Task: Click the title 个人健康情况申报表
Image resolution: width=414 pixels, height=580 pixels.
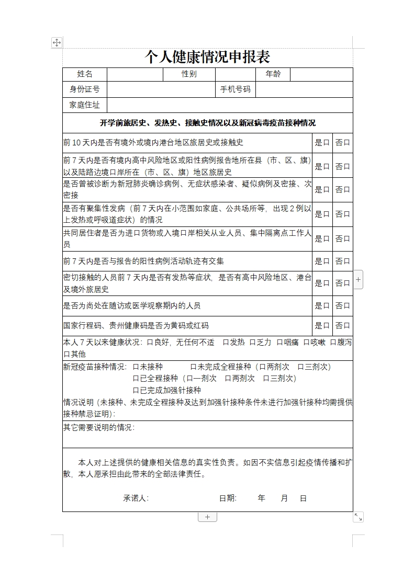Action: tap(207, 56)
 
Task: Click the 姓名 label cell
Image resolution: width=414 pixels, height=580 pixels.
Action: tap(85, 74)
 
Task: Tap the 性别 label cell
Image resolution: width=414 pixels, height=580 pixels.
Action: tap(189, 74)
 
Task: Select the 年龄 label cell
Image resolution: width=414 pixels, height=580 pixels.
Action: tap(273, 74)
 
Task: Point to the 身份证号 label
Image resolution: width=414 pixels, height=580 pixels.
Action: tap(85, 89)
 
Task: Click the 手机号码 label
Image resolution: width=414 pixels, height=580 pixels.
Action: tap(236, 89)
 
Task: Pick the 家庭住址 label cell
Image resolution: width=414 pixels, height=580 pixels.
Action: tap(85, 105)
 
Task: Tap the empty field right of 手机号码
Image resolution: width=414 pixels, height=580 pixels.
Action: tap(304, 89)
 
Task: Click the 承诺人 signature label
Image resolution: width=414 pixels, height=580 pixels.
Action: tap(136, 498)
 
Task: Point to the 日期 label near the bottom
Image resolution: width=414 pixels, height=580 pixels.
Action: tap(228, 498)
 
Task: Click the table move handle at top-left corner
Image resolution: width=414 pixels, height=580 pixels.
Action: tap(57, 43)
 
